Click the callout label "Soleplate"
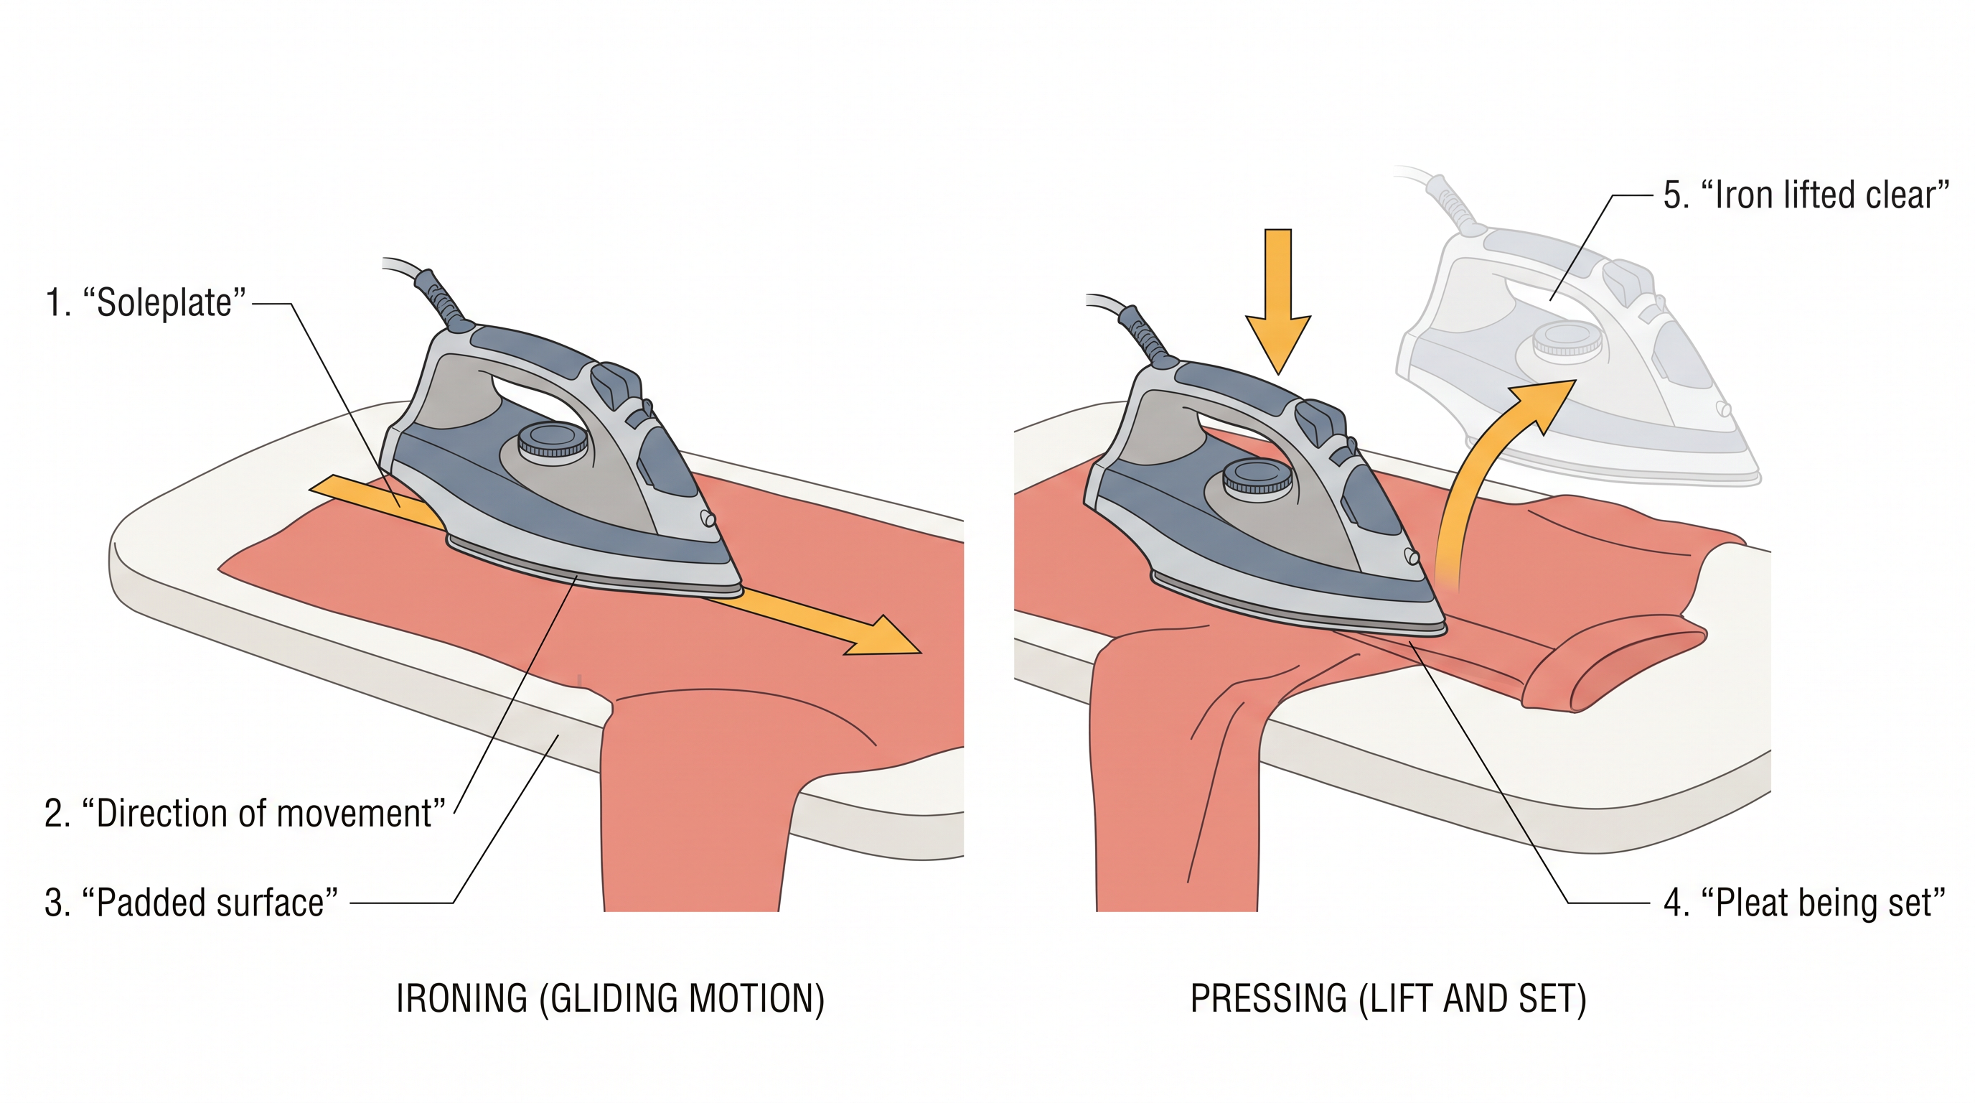click(x=146, y=302)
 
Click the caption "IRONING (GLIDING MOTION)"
click(x=610, y=999)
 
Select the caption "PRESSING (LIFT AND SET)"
click(x=1389, y=999)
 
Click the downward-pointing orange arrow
click(x=1278, y=302)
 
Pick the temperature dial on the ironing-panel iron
click(x=553, y=442)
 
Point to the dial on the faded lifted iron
click(x=1567, y=340)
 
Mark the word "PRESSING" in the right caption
click(x=1269, y=999)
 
